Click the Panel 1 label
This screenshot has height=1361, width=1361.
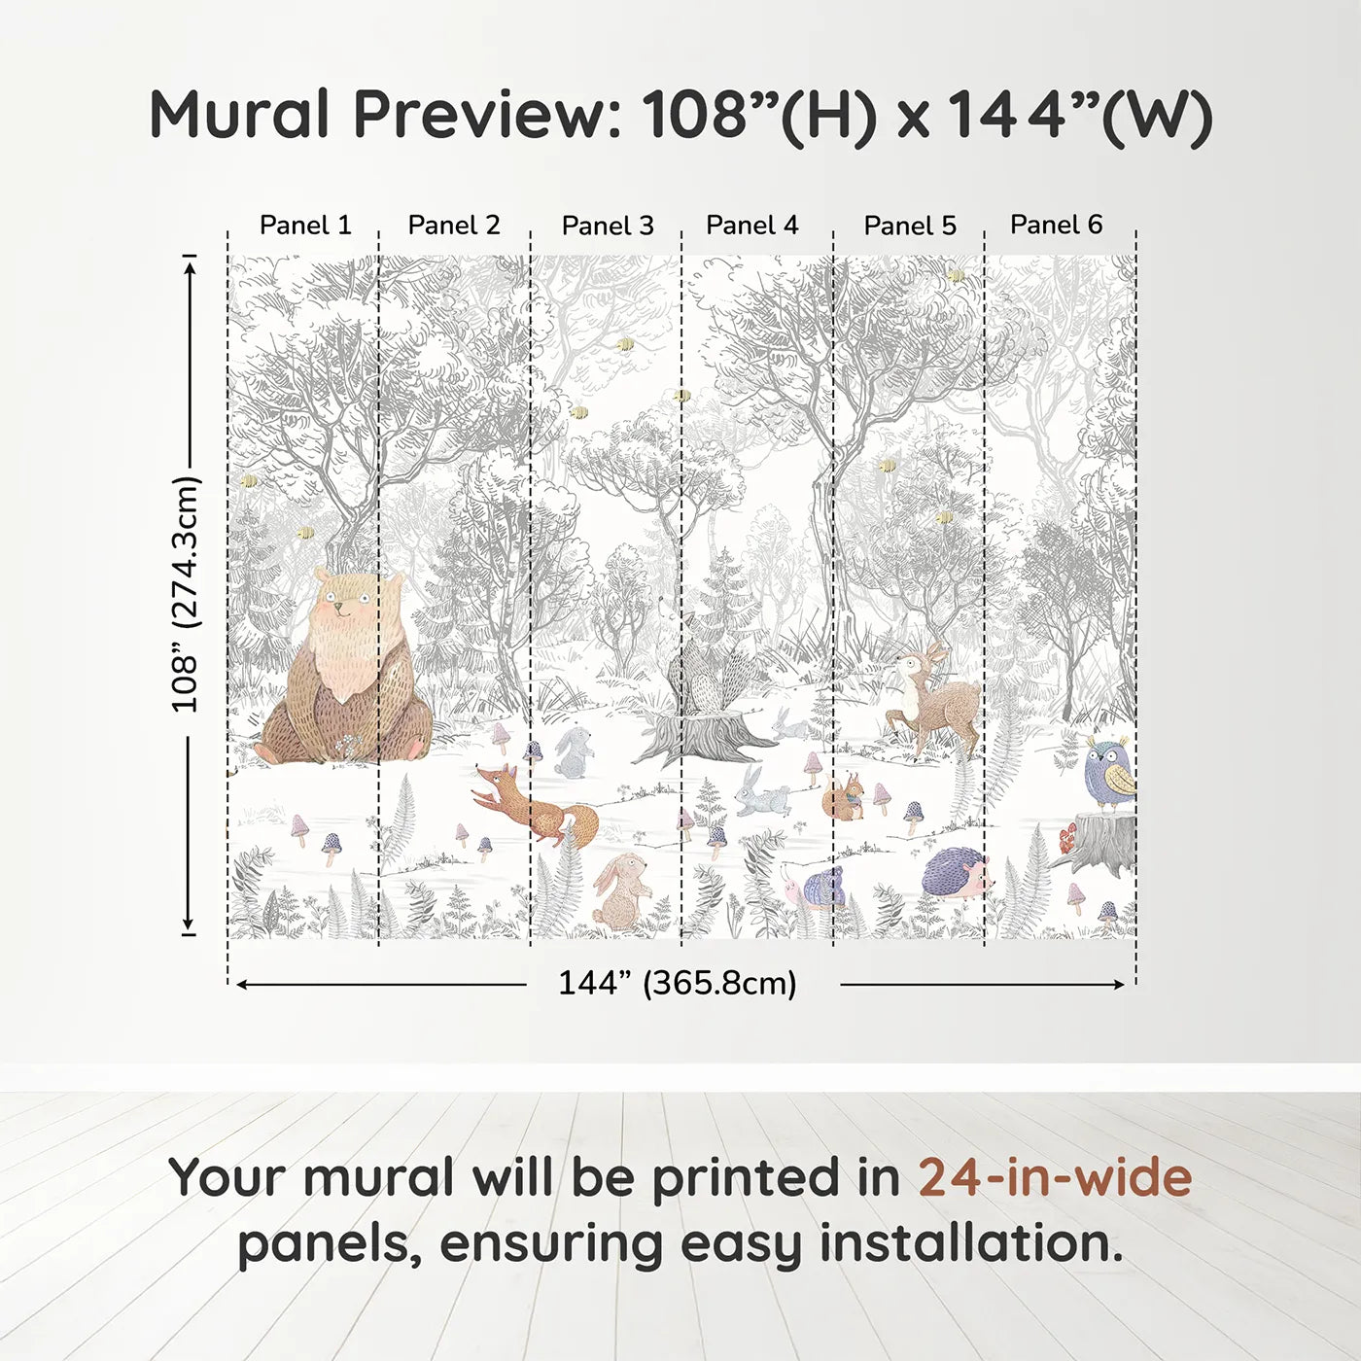point(305,226)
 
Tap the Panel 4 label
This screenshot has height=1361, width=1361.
point(751,226)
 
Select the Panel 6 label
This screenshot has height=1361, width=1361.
point(1056,225)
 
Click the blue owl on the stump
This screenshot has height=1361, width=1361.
point(1108,772)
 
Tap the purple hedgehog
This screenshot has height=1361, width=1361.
point(956,872)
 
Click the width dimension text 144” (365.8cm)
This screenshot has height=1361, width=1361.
point(677,983)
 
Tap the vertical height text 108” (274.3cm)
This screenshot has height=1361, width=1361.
point(185,594)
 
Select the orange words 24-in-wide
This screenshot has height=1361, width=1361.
point(1055,1178)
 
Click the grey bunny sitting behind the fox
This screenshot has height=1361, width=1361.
point(574,752)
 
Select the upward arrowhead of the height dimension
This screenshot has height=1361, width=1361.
point(191,264)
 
